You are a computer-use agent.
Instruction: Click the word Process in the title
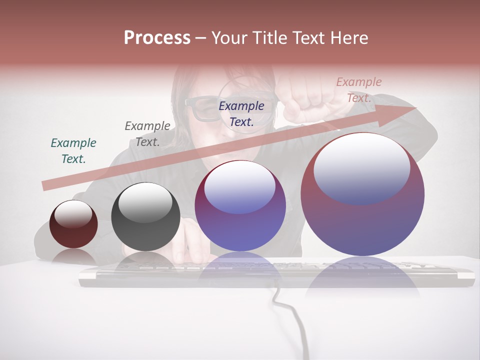(x=157, y=38)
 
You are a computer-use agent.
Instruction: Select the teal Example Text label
(x=73, y=151)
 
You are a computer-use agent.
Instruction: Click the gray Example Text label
(x=147, y=134)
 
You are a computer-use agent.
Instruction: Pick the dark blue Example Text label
(x=241, y=114)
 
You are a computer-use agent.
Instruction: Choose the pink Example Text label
(x=359, y=90)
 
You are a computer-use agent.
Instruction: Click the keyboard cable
(x=295, y=320)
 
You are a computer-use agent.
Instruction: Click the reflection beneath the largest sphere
(x=362, y=282)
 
